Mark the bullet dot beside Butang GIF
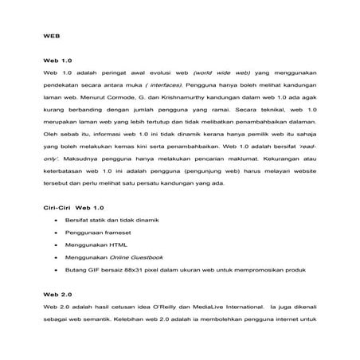click(x=53, y=270)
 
